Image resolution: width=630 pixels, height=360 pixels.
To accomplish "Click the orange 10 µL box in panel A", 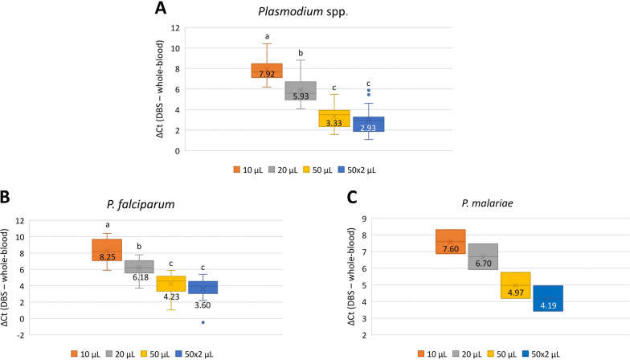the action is coord(267,71).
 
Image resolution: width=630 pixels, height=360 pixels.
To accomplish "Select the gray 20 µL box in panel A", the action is coord(301,91).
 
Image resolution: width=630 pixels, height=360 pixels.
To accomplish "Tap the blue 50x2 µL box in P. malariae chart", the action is coord(548,298).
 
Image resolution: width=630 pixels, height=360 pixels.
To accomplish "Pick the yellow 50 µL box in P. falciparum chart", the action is coord(170,284).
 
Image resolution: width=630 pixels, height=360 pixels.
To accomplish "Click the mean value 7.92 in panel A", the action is coord(267,74).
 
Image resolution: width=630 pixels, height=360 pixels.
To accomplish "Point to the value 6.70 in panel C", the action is coord(484,264).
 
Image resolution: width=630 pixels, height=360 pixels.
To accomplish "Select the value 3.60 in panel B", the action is coord(202,305).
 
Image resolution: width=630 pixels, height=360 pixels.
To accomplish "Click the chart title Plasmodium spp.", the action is coord(303,11).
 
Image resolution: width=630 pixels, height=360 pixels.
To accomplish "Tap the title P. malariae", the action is coord(487,203).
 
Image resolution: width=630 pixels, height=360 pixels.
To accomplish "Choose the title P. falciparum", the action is coord(141,204).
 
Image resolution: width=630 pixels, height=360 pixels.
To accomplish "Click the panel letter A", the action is coord(161,8).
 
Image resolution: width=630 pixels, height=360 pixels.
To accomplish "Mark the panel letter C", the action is coord(352,198).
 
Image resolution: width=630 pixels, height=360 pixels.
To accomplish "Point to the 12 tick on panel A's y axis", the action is coord(175,28).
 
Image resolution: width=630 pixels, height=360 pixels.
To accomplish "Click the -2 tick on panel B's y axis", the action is coord(19,335).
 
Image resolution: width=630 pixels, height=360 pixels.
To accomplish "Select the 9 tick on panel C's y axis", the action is coord(364,219).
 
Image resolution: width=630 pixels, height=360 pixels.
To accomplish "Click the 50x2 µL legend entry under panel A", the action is coord(357,170).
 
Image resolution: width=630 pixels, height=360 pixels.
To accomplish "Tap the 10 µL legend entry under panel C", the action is coord(432,354).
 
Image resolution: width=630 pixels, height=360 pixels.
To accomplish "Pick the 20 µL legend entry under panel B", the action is coord(121,354).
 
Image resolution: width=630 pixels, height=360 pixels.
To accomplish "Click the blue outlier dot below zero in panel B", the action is coord(202,322).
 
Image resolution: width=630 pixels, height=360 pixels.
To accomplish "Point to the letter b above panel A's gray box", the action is coord(301,53).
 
